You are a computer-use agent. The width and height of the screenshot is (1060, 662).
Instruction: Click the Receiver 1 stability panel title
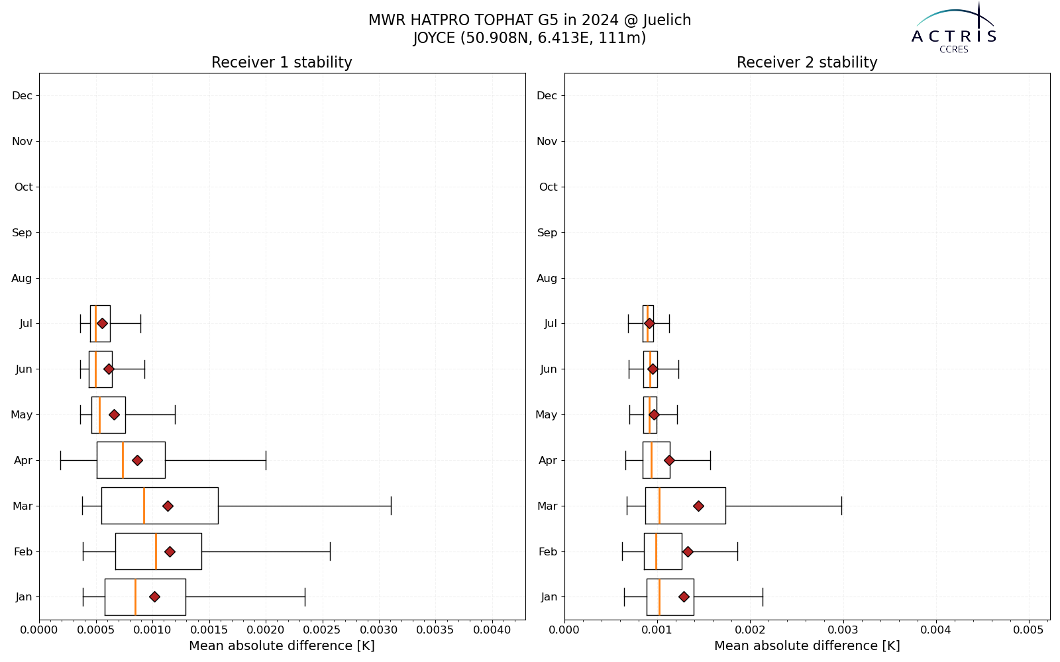coord(282,62)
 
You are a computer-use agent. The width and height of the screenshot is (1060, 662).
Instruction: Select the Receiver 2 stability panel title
coord(807,62)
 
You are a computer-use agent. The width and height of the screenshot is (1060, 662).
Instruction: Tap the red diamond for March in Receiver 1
coord(168,506)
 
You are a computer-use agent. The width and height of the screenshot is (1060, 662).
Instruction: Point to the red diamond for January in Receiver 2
coord(684,596)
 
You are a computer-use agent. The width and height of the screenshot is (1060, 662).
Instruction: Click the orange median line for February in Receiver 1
coord(156,551)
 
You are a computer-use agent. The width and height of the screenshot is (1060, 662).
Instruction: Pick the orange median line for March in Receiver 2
coord(659,506)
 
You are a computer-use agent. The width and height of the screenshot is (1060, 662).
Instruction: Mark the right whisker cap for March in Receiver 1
coord(392,506)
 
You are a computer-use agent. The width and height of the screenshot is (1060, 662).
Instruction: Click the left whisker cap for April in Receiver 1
coord(60,461)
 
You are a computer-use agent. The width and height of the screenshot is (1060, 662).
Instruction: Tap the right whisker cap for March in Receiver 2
coord(842,506)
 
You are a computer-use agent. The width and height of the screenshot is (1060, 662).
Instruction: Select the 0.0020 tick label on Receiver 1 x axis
coord(266,630)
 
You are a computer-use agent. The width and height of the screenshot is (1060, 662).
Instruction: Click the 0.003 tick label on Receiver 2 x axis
coord(843,630)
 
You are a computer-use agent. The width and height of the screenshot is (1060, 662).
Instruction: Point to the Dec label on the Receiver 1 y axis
coord(23,96)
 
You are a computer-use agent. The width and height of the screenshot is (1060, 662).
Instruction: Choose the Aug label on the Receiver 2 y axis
coord(547,279)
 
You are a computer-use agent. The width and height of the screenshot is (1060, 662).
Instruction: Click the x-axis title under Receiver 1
coord(282,646)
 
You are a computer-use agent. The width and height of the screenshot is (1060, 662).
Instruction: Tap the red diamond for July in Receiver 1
coord(102,324)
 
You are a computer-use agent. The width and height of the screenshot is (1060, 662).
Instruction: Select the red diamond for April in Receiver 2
coord(669,461)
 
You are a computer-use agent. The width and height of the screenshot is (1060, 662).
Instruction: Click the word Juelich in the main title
coord(667,21)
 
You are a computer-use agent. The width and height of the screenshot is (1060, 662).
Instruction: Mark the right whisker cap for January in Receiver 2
coord(763,596)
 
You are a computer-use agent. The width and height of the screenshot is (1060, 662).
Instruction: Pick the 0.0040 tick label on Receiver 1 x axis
coord(492,630)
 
